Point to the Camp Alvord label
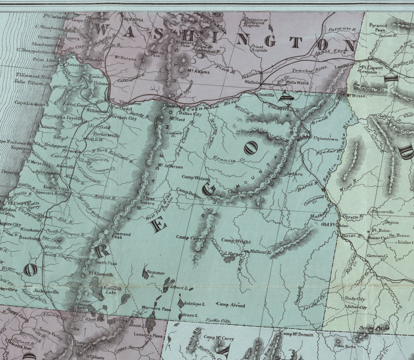tap(231, 305)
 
